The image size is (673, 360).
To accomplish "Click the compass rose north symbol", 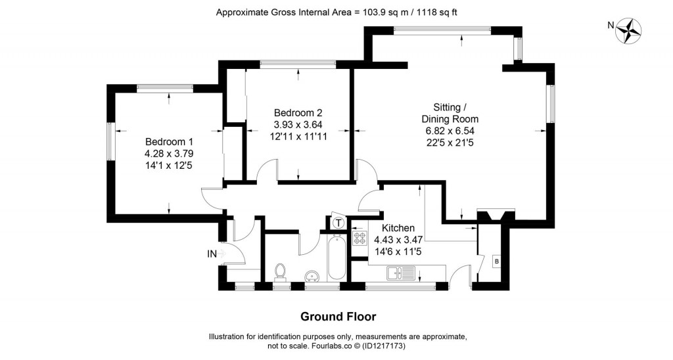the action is click(x=629, y=31).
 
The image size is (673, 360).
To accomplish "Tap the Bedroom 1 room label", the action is click(x=169, y=142).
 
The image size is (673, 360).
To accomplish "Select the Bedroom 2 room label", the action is click(x=298, y=113).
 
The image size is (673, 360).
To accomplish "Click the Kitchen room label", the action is click(x=398, y=228).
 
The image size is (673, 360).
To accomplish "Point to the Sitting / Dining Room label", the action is click(x=450, y=113).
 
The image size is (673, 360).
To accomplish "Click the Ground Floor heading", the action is click(x=338, y=317).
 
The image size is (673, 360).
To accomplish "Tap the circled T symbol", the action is click(x=339, y=223).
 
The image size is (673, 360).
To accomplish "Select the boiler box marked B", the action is click(x=497, y=261).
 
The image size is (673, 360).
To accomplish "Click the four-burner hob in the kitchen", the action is click(x=359, y=238).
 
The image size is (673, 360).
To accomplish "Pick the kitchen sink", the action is click(x=401, y=273).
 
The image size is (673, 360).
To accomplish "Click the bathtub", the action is click(x=335, y=258).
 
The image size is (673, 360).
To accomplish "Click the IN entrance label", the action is click(x=212, y=254).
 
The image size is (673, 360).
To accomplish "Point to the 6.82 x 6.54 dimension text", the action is click(x=450, y=131).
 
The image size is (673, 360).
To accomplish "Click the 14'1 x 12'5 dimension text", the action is click(x=169, y=165).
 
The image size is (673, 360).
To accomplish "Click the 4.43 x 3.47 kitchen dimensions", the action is click(x=398, y=240).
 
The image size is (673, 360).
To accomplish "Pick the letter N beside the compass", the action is click(x=611, y=26).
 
